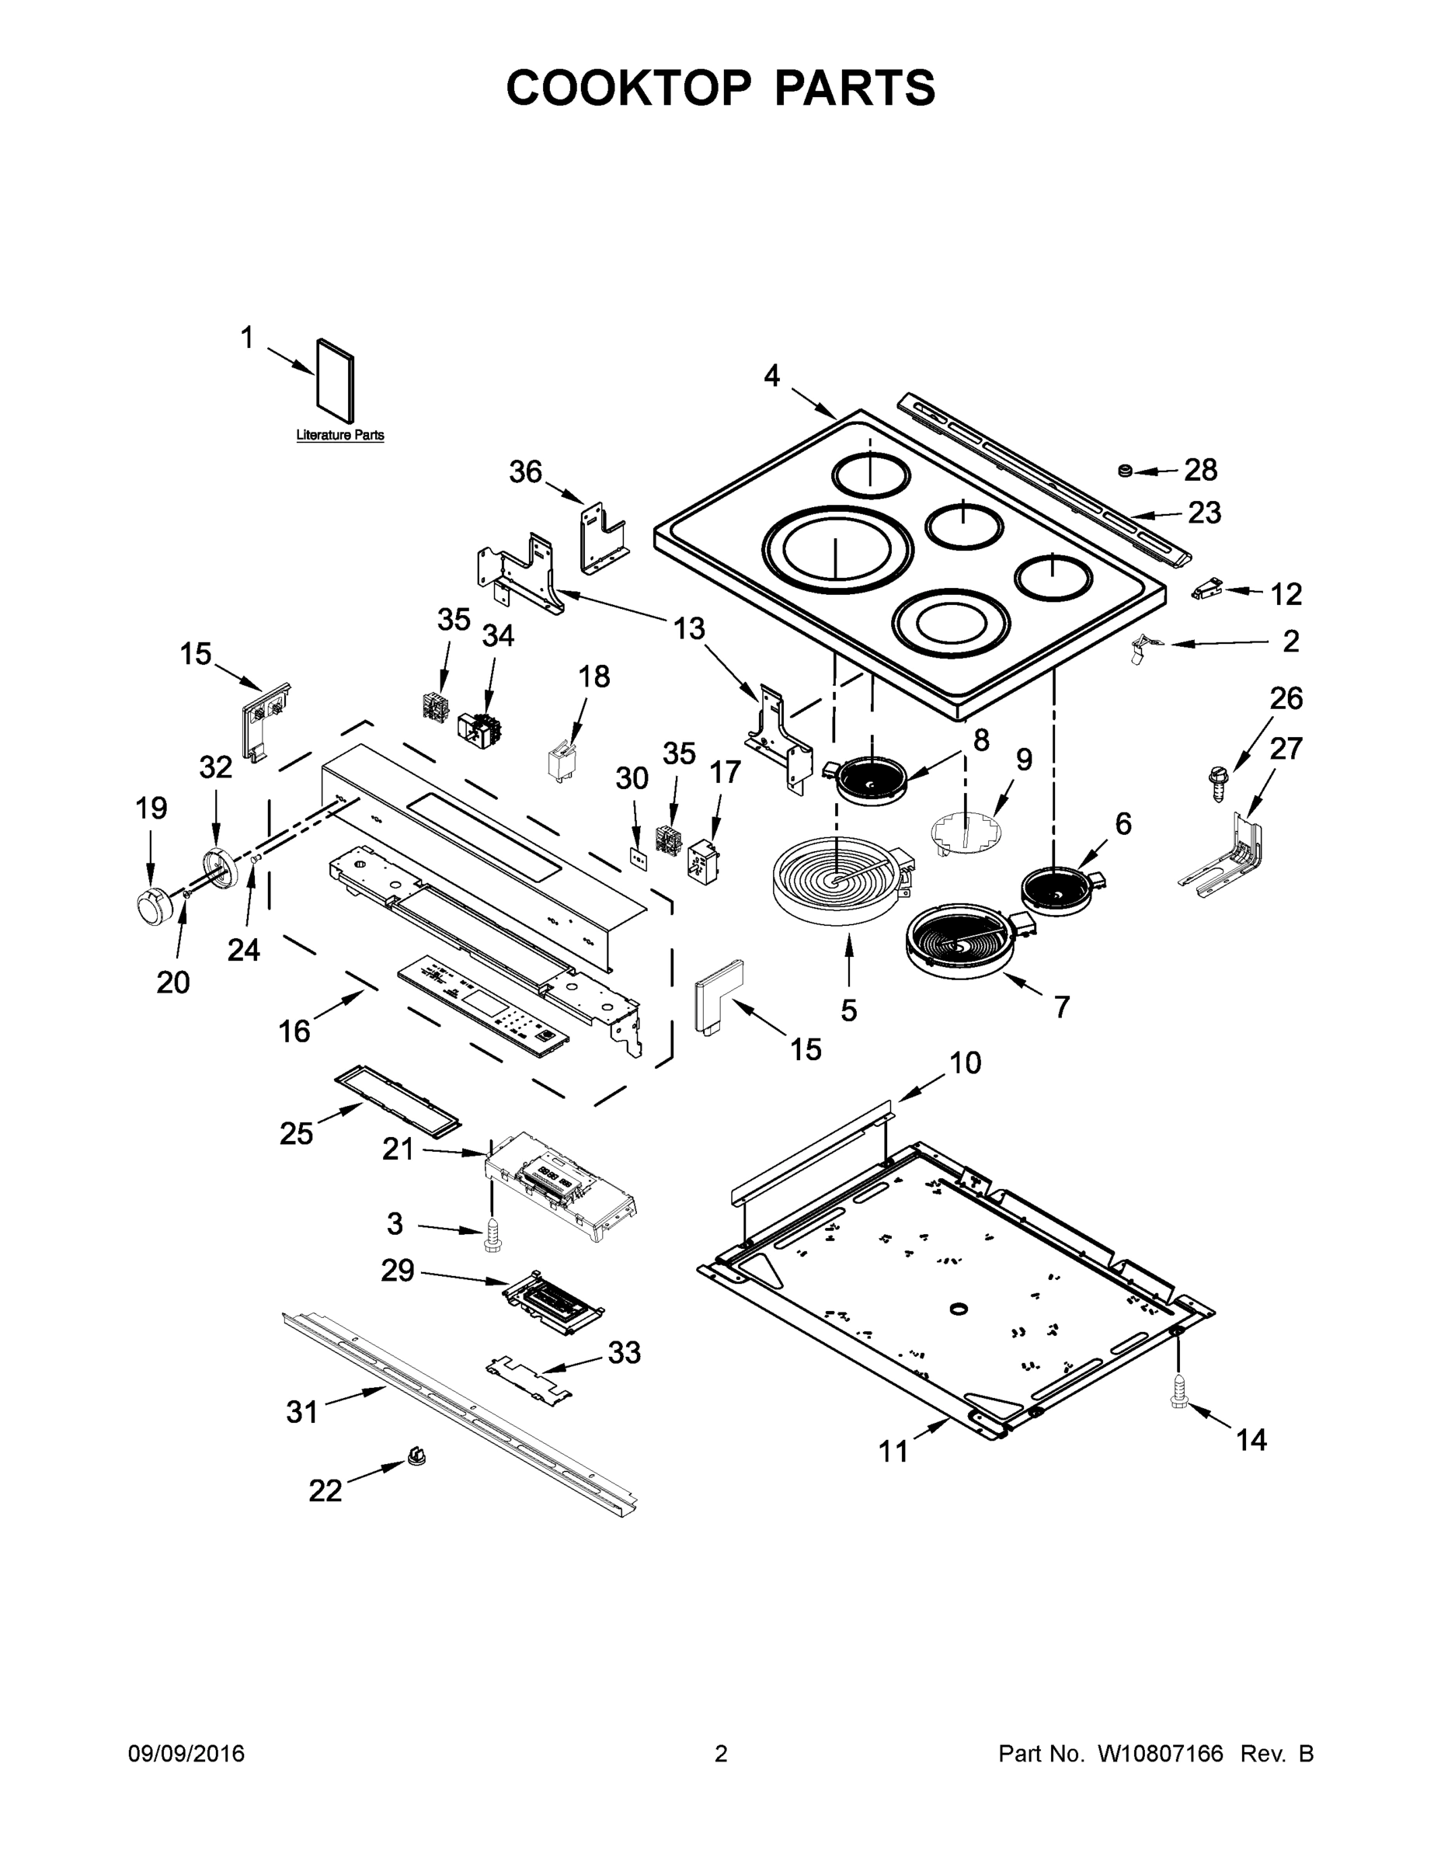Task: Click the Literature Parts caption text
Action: (x=339, y=435)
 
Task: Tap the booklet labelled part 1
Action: (x=336, y=381)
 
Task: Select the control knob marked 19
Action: (x=154, y=903)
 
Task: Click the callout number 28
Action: (x=1200, y=469)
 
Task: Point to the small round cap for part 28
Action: (x=1125, y=470)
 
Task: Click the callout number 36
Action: (x=525, y=471)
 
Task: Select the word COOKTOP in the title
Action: (x=629, y=87)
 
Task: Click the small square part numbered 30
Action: (x=637, y=856)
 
